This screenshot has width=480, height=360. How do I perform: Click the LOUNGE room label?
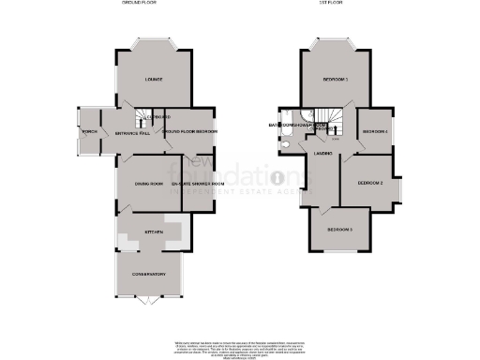(152, 80)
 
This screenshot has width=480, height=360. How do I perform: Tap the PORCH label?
(89, 132)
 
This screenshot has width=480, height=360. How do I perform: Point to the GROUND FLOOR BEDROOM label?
(190, 132)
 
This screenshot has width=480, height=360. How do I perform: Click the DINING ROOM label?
(149, 184)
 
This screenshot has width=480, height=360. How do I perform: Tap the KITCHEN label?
(153, 231)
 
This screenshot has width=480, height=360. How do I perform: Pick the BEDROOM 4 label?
(376, 131)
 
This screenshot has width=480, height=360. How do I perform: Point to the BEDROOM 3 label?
(340, 229)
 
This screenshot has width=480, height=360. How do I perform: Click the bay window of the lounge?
(153, 44)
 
